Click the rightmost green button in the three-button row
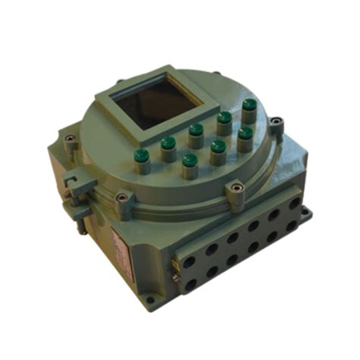(x=245, y=133)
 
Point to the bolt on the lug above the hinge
(x=70, y=139)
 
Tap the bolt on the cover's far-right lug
(x=277, y=119)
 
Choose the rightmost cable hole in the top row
(x=293, y=204)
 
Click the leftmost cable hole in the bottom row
(x=191, y=285)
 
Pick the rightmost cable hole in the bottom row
(x=295, y=226)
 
